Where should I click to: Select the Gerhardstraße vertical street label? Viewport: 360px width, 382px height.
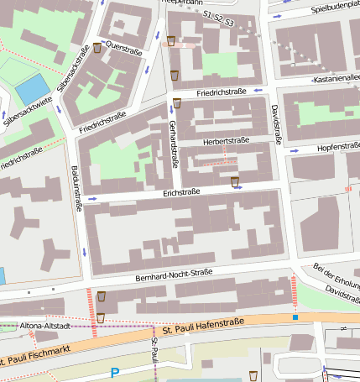(x=173, y=143)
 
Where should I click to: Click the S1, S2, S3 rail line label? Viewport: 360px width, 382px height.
(x=218, y=15)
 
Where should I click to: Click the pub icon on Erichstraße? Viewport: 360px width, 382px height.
(x=235, y=181)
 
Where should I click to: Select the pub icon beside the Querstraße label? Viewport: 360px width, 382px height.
(x=97, y=48)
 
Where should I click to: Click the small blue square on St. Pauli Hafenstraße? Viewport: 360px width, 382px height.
(x=295, y=317)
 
